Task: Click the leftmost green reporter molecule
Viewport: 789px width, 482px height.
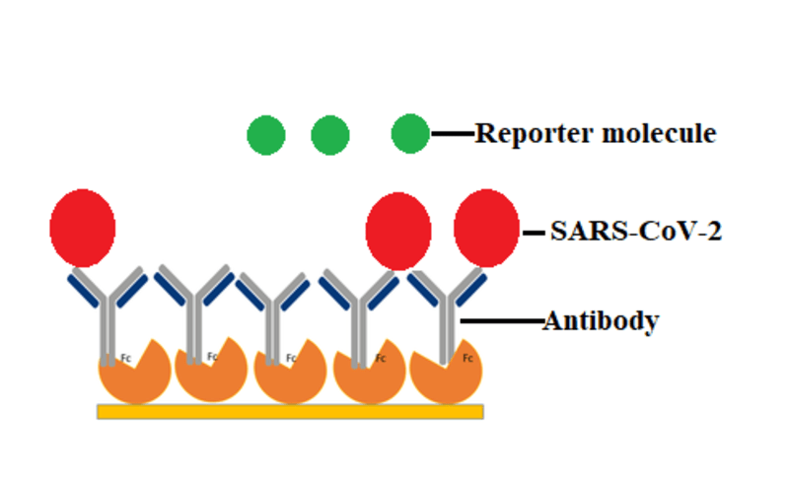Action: coord(266,135)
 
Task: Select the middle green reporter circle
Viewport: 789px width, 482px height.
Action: coord(330,135)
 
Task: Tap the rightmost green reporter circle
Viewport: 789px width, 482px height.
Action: coord(410,134)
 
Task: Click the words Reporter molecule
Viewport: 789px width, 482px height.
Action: coord(595,133)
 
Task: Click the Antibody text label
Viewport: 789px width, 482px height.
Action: coord(601,320)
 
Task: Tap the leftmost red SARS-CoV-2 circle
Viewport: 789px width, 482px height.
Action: coord(83,228)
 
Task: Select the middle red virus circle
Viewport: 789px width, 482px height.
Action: coord(397,232)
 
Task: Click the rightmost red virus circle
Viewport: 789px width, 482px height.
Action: coord(486,228)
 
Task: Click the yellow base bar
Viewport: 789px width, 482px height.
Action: coord(290,411)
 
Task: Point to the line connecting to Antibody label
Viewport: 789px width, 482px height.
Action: coord(502,320)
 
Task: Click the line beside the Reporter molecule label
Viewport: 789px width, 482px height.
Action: coord(453,133)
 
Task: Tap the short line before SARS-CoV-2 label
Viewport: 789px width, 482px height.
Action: coord(534,234)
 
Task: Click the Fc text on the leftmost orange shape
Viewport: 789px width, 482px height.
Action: coord(126,358)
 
